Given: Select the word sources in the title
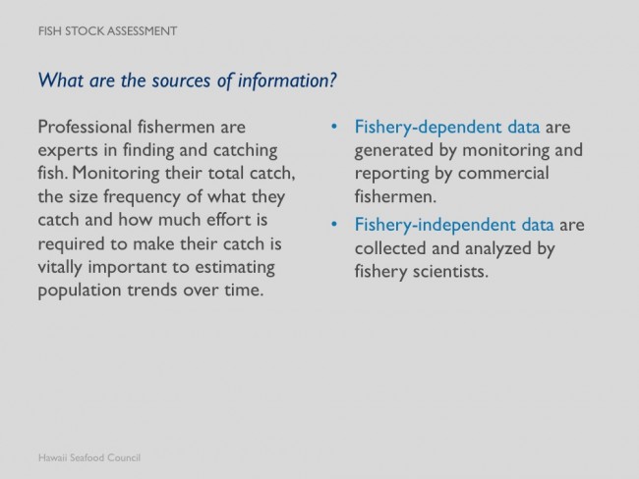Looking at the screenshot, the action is click(x=182, y=80).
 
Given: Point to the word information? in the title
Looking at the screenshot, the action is click(x=287, y=80).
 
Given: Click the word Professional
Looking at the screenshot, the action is click(x=85, y=127).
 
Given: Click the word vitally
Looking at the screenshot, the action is click(x=60, y=268).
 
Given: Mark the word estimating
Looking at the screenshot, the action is click(x=235, y=268).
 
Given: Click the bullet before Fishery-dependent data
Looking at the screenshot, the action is click(x=334, y=127).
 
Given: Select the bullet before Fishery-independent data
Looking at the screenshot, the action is click(x=334, y=224).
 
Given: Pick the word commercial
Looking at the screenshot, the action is click(x=503, y=173).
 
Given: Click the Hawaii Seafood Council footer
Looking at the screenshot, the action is click(x=89, y=457).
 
